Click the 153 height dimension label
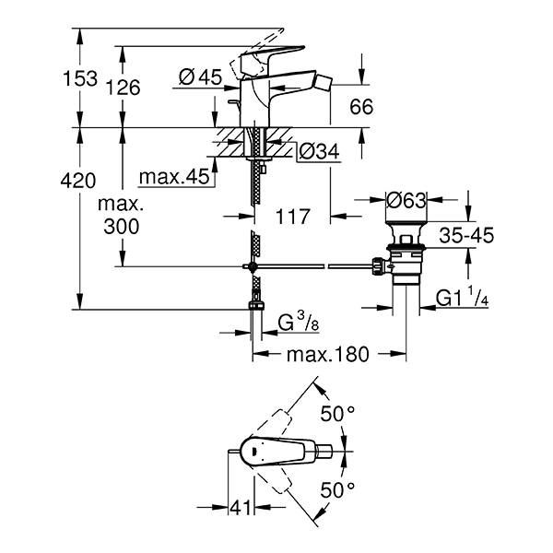(80, 78)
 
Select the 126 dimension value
(124, 88)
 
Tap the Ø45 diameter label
(200, 76)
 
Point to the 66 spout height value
(361, 107)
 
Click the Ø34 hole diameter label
(319, 152)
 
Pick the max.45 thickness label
(174, 176)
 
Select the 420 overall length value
(78, 181)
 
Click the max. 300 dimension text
(121, 216)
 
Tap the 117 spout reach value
(293, 217)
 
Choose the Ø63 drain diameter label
(406, 200)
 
